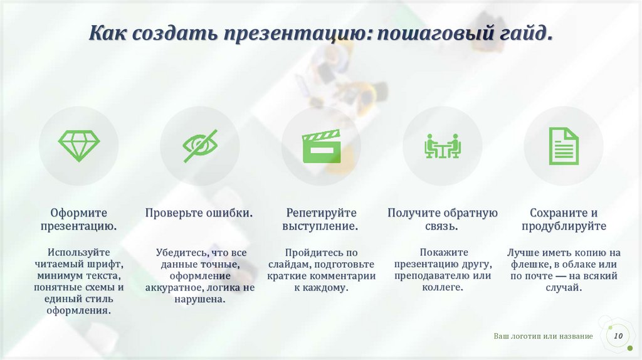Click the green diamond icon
(x=79, y=146)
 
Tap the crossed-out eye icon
(x=200, y=146)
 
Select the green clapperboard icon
(x=321, y=146)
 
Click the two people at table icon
(x=442, y=146)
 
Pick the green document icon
(x=564, y=146)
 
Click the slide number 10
(x=618, y=336)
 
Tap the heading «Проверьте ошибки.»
(x=199, y=213)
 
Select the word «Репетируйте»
(x=321, y=213)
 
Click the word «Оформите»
(x=79, y=213)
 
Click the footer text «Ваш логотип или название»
(x=543, y=337)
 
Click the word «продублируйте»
(x=564, y=226)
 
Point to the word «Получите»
(x=414, y=213)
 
